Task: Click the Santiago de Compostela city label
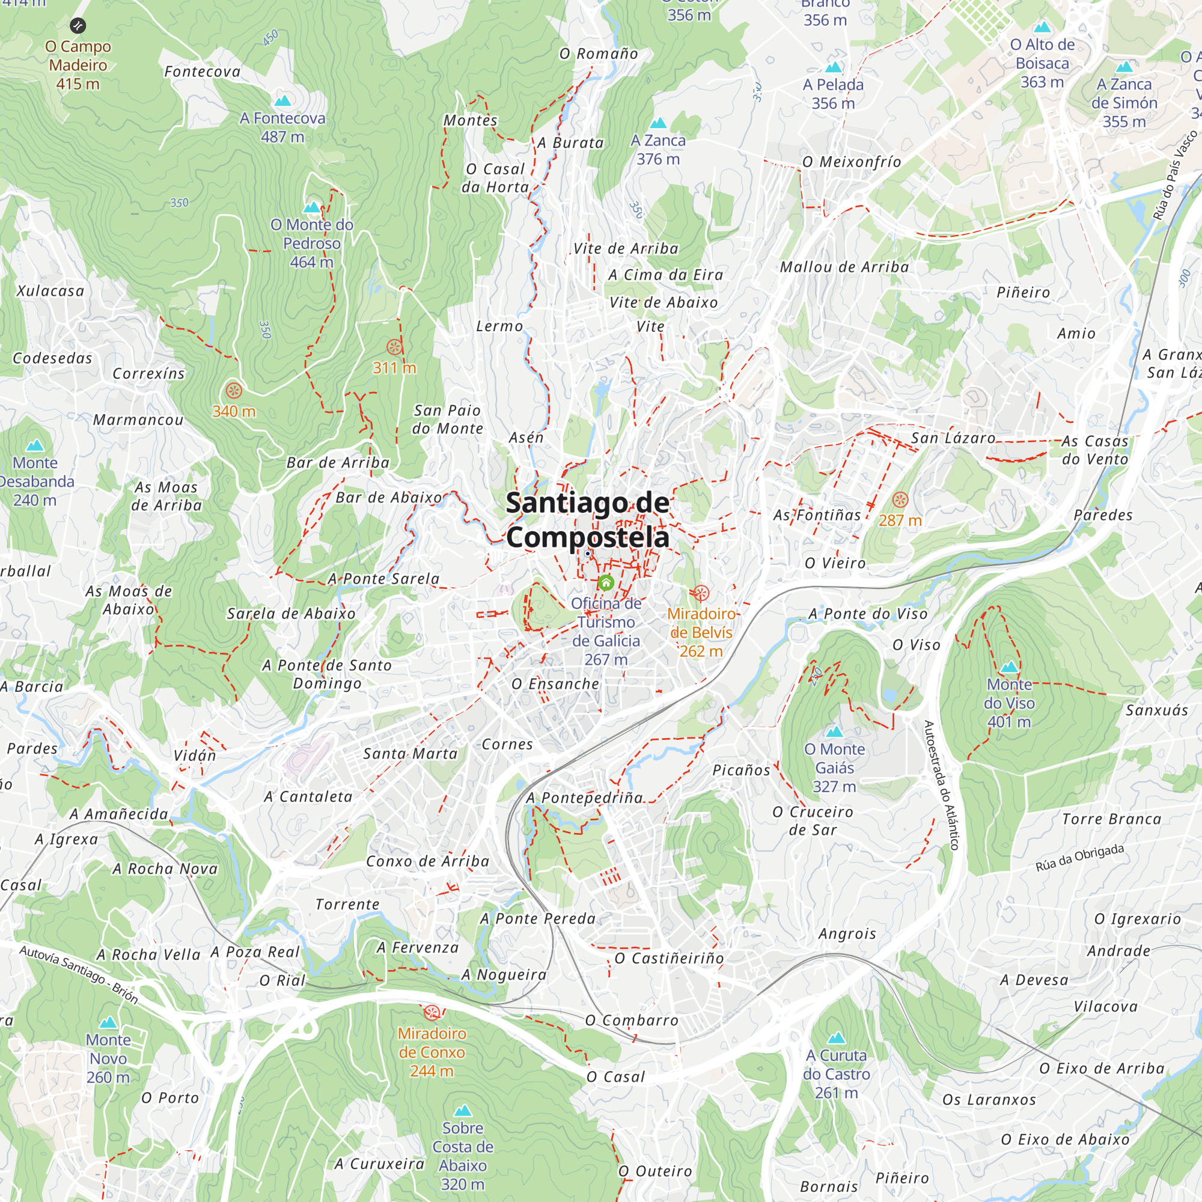coord(587,520)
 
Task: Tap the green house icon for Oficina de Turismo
coord(606,583)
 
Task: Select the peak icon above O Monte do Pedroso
coord(312,207)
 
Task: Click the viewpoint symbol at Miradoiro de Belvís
coord(701,593)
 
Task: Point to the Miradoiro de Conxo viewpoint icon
coord(432,1012)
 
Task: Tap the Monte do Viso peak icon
coord(1009,668)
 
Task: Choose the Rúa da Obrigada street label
coord(1079,858)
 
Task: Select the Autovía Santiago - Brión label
coord(79,974)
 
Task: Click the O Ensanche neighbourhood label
coord(555,684)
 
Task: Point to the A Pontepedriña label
coord(584,798)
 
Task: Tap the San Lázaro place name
coord(953,438)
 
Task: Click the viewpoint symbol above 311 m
coord(394,347)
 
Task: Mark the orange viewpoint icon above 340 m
coord(234,391)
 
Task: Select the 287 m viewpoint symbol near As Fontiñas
coord(900,499)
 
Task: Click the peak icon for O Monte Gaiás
coord(834,731)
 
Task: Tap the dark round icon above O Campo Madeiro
coord(78,25)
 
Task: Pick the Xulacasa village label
coord(50,290)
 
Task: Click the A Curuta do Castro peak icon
coord(837,1038)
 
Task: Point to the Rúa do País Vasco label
coord(1174,175)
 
